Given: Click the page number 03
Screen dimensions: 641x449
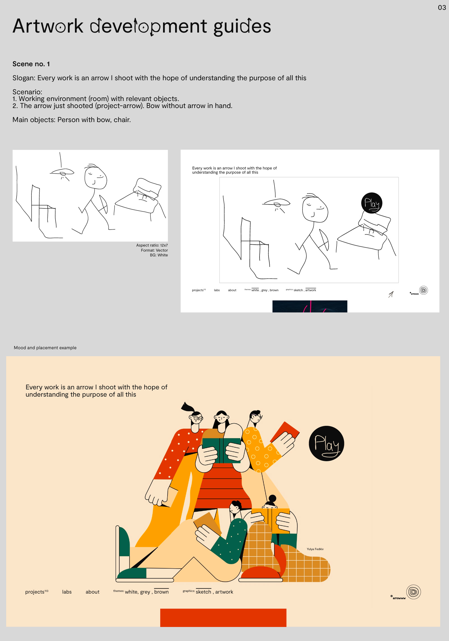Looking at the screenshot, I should pyautogui.click(x=442, y=8).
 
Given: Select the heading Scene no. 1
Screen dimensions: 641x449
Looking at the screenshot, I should pyautogui.click(x=31, y=64).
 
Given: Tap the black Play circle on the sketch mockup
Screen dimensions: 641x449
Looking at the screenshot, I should pyautogui.click(x=372, y=203).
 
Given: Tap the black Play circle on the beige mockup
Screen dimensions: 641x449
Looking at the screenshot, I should pyautogui.click(x=326, y=443).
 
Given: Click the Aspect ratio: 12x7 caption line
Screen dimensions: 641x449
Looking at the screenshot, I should pyautogui.click(x=152, y=245).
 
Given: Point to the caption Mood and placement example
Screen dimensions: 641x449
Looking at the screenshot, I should pyautogui.click(x=45, y=348).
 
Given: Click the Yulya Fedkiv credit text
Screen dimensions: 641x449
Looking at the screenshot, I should pyautogui.click(x=315, y=549).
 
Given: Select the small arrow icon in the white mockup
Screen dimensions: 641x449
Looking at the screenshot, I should pyautogui.click(x=391, y=294).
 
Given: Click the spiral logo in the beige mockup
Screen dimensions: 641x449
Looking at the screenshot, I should pyautogui.click(x=413, y=592).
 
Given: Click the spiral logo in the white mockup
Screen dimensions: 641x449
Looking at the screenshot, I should pyautogui.click(x=423, y=290).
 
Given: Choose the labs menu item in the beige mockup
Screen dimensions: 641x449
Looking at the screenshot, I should pyautogui.click(x=67, y=592).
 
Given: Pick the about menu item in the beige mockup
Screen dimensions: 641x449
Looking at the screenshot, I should pyautogui.click(x=93, y=592).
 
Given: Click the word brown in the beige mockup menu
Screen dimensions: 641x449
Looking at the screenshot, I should pyautogui.click(x=161, y=592).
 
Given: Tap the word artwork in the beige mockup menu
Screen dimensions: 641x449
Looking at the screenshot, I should pyautogui.click(x=224, y=592).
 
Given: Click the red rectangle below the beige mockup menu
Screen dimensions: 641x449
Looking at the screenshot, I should pyautogui.click(x=223, y=617).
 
